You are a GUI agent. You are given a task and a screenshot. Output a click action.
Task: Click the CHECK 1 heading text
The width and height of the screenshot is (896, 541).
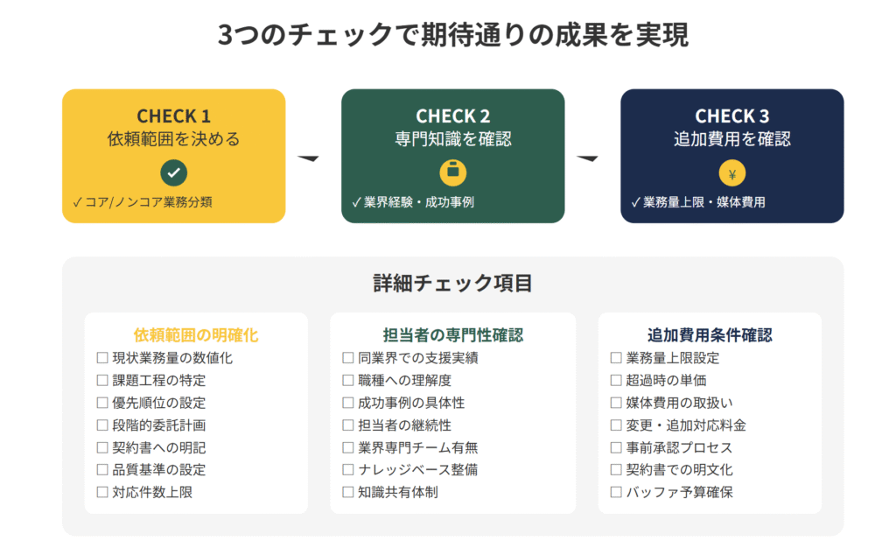tap(174, 116)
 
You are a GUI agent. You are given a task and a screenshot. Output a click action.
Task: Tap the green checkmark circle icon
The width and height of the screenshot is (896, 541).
tap(174, 172)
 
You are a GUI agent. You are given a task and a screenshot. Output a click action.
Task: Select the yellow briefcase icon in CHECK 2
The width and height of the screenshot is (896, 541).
tap(453, 172)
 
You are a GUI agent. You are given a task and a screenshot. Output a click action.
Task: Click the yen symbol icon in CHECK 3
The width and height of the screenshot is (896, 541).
tap(732, 173)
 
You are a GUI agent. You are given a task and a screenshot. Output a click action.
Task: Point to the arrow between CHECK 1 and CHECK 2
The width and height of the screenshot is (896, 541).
tap(308, 158)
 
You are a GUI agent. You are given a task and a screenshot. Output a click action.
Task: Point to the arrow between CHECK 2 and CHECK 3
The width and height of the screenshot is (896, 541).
tap(587, 158)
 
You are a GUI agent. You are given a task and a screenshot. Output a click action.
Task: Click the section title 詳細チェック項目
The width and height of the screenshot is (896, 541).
tap(452, 283)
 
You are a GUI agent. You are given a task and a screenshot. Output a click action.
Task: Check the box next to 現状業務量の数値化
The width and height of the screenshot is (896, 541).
tap(102, 358)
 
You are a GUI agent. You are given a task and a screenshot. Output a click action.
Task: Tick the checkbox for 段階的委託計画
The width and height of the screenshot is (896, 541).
tap(102, 425)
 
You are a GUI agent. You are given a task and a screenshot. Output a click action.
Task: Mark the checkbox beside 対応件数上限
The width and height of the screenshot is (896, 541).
tap(102, 492)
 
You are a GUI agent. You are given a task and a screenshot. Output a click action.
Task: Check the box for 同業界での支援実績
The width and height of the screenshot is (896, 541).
tap(348, 358)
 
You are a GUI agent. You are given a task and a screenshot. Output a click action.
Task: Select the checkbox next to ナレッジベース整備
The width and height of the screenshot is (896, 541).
tap(348, 469)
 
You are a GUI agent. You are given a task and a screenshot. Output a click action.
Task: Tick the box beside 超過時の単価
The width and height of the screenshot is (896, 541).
tap(616, 380)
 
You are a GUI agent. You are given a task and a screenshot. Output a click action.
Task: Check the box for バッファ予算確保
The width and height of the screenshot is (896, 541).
tap(616, 492)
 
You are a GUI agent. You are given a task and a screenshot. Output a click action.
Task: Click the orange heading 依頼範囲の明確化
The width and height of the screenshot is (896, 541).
tap(196, 335)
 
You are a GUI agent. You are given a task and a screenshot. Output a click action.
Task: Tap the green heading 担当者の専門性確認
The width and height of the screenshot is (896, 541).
tap(453, 335)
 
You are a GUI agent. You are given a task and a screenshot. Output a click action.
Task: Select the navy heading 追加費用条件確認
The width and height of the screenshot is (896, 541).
tap(710, 335)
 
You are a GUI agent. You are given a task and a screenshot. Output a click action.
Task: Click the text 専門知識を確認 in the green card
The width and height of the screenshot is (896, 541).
tap(453, 139)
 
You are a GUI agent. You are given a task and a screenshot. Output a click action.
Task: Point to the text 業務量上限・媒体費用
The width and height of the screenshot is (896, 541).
tap(704, 202)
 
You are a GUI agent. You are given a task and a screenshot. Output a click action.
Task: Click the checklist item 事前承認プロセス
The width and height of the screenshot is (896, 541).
tap(679, 447)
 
